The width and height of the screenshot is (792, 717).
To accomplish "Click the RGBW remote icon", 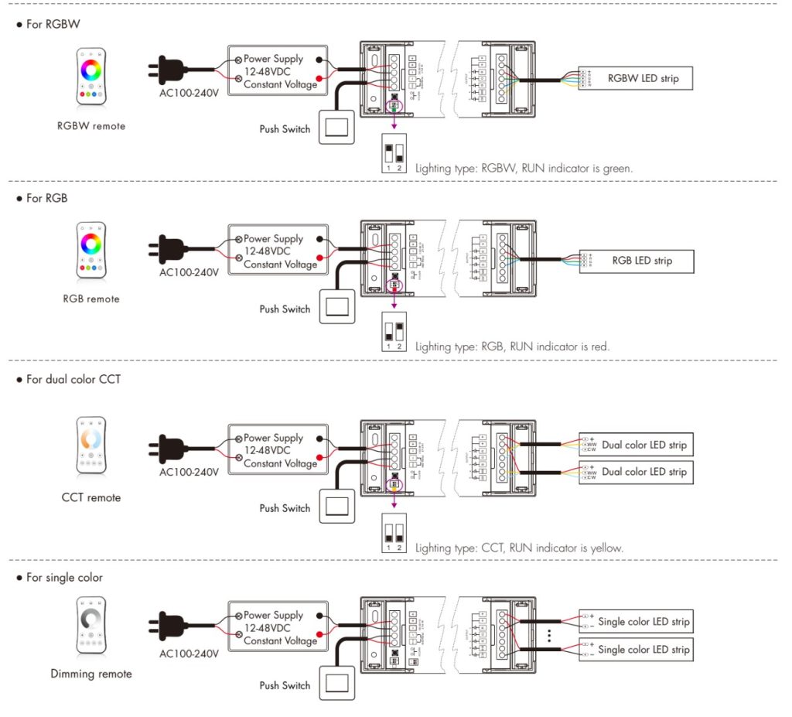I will point(91,77).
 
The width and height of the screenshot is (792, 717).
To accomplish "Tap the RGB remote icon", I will point(91,251).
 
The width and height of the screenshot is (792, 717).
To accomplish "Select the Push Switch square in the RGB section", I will point(336,307).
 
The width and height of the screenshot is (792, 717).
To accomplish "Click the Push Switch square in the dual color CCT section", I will point(336,507).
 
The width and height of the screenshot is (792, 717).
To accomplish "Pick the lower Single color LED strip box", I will point(635,649).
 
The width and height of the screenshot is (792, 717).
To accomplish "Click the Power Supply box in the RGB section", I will point(278,251).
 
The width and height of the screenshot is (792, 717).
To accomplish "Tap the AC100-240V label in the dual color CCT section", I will point(189,472).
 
